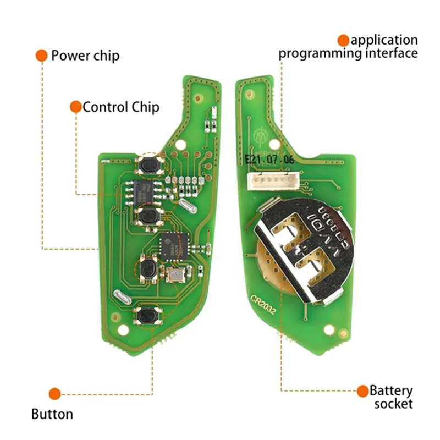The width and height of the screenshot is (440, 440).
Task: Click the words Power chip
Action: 85,56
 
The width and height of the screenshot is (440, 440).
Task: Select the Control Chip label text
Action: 121,107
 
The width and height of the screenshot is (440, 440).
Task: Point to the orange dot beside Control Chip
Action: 76,107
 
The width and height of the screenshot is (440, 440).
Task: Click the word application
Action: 384,40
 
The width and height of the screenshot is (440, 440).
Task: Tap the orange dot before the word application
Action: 344,40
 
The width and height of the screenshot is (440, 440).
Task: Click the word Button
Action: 52,414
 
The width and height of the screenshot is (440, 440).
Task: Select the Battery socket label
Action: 391,397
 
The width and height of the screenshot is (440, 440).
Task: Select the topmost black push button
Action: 148,164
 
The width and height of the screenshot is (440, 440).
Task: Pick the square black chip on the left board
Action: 173,242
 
